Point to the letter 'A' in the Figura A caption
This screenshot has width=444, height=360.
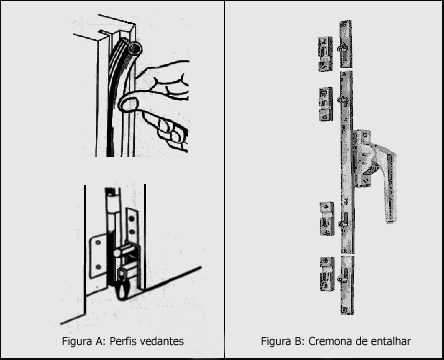101,341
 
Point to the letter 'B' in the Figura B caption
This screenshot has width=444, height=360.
299,341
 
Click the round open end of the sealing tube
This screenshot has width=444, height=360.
136,49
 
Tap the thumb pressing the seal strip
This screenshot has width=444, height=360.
128,103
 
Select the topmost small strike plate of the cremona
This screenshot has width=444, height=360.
325,54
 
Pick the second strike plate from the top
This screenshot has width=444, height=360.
326,104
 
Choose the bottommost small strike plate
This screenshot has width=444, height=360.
327,274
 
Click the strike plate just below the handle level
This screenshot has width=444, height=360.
327,219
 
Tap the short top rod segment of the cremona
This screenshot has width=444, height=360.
346,44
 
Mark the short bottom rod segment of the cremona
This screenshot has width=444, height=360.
347,285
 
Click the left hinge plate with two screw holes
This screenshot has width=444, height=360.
99,256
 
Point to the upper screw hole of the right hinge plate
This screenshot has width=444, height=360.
132,219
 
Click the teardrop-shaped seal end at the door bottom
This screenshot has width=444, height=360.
123,291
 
